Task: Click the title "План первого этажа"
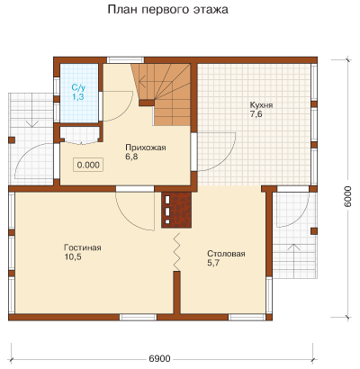pos(167,10)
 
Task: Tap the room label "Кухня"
pos(261,105)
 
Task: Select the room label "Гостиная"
pos(83,247)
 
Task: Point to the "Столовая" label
pos(226,254)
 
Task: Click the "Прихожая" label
pos(146,148)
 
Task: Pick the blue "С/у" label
pos(78,88)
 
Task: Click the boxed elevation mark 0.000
pos(88,165)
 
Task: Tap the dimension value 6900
pos(159,358)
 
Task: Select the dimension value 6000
pos(347,196)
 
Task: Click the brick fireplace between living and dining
pos(176,210)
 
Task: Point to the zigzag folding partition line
pos(176,252)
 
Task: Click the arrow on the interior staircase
pos(148,81)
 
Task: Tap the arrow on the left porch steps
pos(31,124)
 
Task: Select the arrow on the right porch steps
pos(294,247)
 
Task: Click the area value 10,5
pos(73,256)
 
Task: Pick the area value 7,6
pos(256,114)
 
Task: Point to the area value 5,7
pos(213,263)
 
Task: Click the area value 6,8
pos(131,157)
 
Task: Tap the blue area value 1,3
pos(77,96)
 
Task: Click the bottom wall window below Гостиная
pos(139,318)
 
